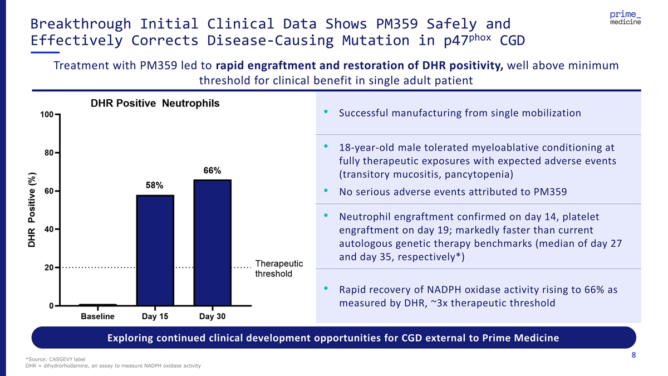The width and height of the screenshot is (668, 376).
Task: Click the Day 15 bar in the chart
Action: pos(155,251)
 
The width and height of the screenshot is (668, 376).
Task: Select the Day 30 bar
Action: pos(212,243)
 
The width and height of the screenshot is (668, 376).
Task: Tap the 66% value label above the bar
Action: pos(212,170)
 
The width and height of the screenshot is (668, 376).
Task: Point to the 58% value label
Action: pos(154,185)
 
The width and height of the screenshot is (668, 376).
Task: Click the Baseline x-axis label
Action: pos(97,316)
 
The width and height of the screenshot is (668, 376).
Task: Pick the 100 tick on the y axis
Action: pos(47,115)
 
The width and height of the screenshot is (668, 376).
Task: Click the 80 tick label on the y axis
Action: pos(49,153)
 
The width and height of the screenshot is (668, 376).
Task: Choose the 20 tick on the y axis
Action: pos(49,267)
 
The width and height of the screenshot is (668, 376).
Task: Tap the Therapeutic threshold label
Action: pos(279,268)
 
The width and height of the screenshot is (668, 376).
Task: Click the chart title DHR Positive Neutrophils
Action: pos(155,104)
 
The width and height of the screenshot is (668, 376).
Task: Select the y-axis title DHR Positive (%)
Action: pos(32,209)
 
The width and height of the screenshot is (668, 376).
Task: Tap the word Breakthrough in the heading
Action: pos(81,24)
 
